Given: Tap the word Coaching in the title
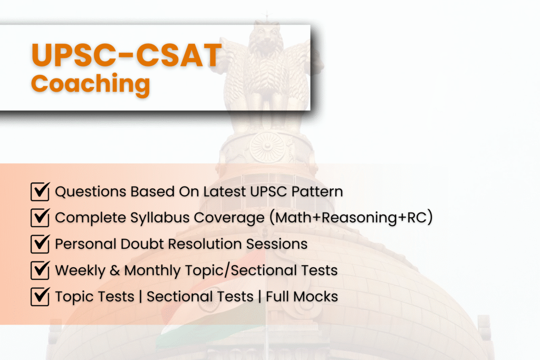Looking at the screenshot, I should pos(90,84).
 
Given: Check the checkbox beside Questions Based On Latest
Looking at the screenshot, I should pos(40,191).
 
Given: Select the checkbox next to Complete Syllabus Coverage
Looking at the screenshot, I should pos(40,218).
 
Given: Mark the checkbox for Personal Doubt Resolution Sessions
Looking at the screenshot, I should pos(40,244).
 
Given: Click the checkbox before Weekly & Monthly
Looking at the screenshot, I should pos(40,270).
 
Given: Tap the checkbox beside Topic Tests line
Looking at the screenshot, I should pos(40,297).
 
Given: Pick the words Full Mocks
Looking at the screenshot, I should pos(302,297).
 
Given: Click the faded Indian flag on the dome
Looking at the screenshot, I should pos(221,295).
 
